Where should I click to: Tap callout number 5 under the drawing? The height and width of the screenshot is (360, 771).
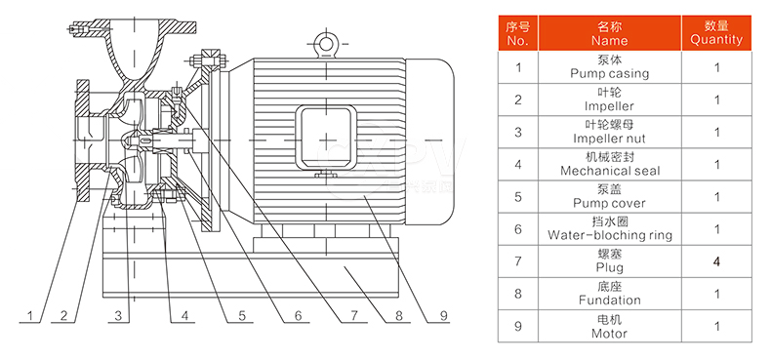click(x=242, y=316)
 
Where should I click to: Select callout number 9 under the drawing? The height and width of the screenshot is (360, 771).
click(x=444, y=316)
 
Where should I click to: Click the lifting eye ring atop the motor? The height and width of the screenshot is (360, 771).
click(x=326, y=43)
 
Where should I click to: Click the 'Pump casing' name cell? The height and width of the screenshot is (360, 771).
click(x=610, y=67)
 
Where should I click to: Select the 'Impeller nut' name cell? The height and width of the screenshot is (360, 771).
click(x=610, y=133)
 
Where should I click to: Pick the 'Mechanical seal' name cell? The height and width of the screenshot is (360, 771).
click(x=610, y=164)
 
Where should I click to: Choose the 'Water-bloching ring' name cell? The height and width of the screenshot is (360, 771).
click(x=610, y=229)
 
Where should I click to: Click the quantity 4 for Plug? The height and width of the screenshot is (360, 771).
click(x=716, y=262)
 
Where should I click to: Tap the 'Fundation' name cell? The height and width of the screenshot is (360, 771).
click(x=610, y=294)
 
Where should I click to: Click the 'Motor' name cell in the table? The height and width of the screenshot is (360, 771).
click(x=610, y=326)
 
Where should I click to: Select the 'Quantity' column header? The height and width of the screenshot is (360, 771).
click(x=716, y=33)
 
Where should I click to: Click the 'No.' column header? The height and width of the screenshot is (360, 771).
click(x=518, y=33)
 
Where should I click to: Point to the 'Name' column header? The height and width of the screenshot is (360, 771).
click(x=610, y=33)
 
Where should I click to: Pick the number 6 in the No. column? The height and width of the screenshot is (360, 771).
click(x=518, y=229)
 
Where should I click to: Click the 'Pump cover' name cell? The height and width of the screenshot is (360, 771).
click(x=610, y=197)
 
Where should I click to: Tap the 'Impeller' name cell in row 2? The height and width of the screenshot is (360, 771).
click(x=610, y=100)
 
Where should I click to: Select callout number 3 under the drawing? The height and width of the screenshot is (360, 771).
click(x=118, y=316)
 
